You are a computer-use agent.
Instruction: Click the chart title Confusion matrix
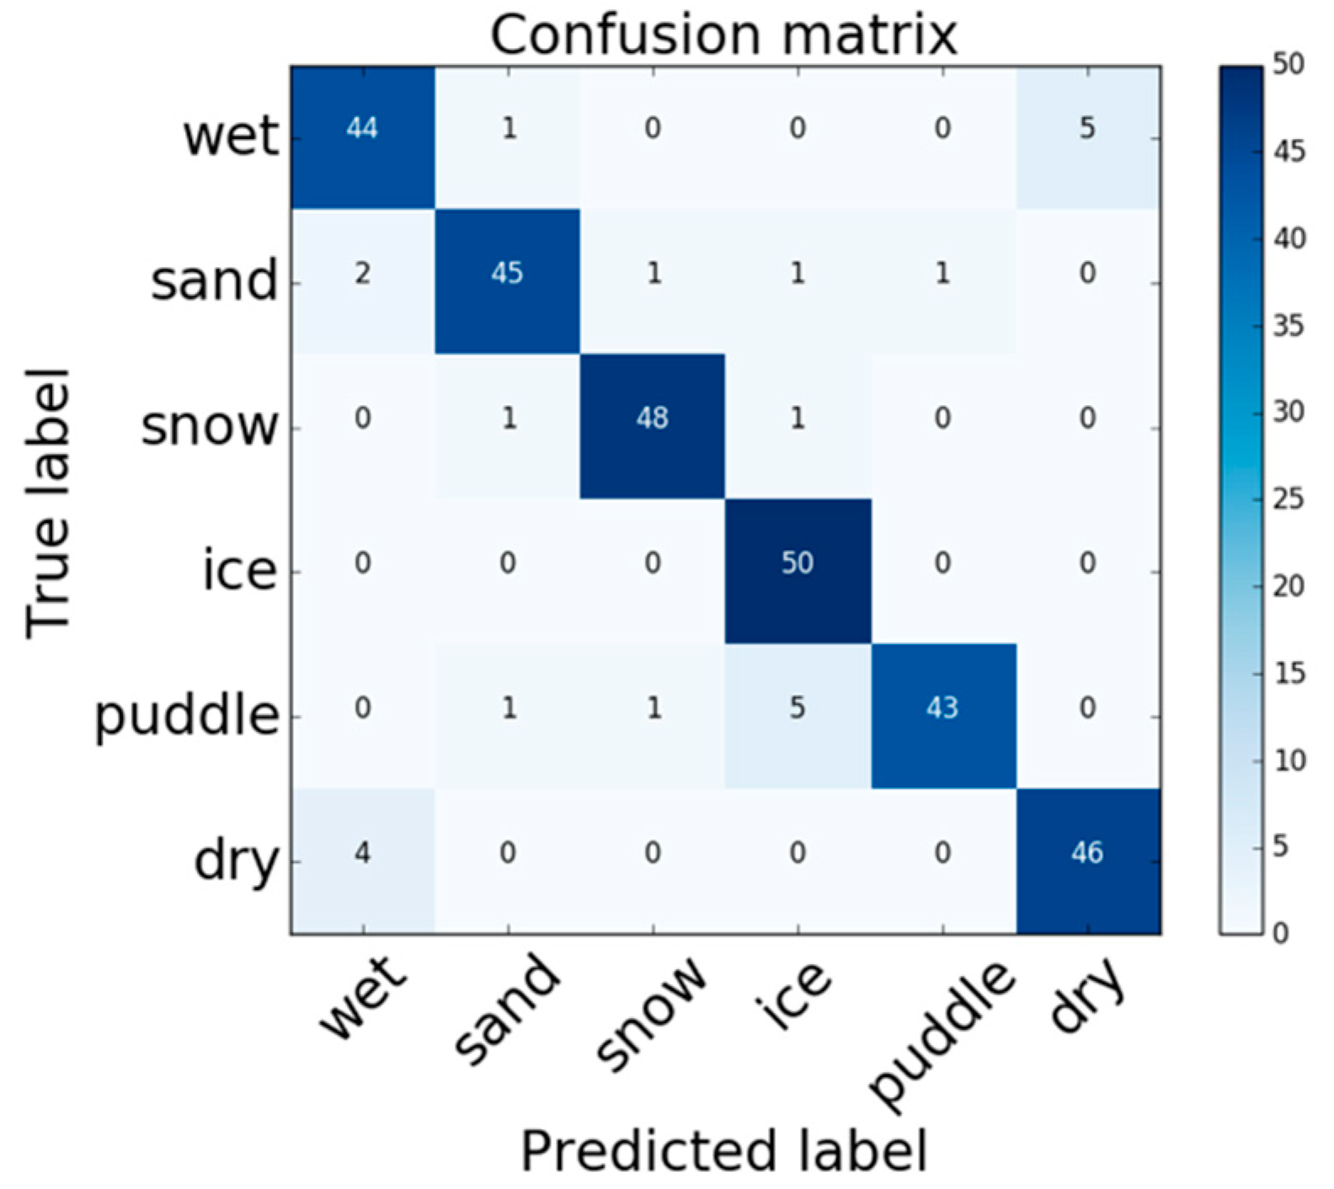coord(723,35)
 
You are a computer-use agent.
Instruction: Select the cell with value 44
coord(362,128)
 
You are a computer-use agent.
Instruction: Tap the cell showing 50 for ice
coord(797,563)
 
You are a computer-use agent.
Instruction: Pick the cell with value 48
coord(652,418)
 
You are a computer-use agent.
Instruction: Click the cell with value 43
coord(942,707)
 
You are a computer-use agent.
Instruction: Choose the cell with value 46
coord(1086,852)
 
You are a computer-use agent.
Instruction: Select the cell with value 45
coord(507,273)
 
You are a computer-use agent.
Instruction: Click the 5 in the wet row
coord(1086,128)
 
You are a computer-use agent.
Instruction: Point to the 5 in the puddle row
coord(797,707)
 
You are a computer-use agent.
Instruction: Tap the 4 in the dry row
coord(362,852)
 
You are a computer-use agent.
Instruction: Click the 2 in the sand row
coord(362,273)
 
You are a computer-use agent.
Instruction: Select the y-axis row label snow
coord(210,426)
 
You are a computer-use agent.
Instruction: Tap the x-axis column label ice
coord(795,998)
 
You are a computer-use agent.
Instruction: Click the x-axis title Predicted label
coord(723,1150)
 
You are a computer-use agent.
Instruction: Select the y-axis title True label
coord(48,503)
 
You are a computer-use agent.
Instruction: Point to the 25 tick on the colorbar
coord(1288,499)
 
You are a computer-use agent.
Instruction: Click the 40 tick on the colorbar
coord(1288,238)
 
